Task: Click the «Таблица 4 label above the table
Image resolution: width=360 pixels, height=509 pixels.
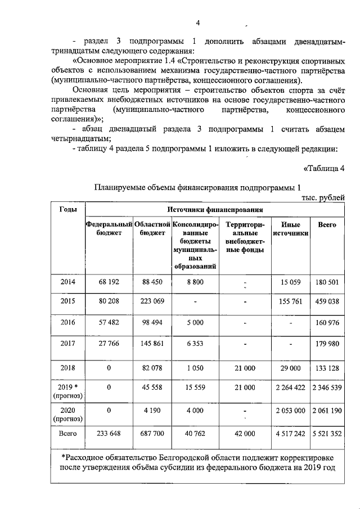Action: pyautogui.click(x=324, y=168)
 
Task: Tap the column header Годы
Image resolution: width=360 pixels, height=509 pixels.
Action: pyautogui.click(x=68, y=209)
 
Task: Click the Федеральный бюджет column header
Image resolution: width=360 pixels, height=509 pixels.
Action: pyautogui.click(x=109, y=229)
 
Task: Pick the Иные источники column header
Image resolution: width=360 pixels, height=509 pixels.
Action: pyautogui.click(x=291, y=229)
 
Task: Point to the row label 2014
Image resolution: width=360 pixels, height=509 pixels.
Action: pyautogui.click(x=68, y=282)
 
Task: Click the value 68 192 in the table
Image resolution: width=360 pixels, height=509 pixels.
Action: pyautogui.click(x=109, y=282)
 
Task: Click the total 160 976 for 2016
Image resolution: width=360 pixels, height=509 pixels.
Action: pyautogui.click(x=327, y=323)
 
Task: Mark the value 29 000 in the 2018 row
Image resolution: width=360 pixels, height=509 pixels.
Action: pyautogui.click(x=291, y=368)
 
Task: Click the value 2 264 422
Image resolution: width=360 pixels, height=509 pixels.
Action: pyautogui.click(x=291, y=388)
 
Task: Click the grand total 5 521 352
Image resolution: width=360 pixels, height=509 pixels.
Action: pyautogui.click(x=327, y=434)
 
